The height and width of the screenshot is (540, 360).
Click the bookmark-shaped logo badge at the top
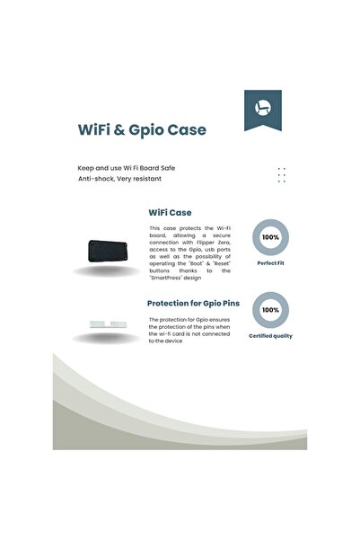click(x=262, y=111)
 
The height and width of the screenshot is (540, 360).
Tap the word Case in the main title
click(x=186, y=129)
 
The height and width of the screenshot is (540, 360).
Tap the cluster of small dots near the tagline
click(x=281, y=174)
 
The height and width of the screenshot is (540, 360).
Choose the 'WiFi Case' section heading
click(x=170, y=213)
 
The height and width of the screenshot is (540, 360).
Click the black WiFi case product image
click(x=109, y=251)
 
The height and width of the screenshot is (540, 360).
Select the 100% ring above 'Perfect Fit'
click(x=270, y=237)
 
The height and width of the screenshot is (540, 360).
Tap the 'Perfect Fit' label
click(x=270, y=264)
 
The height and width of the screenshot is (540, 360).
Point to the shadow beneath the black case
click(x=108, y=272)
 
